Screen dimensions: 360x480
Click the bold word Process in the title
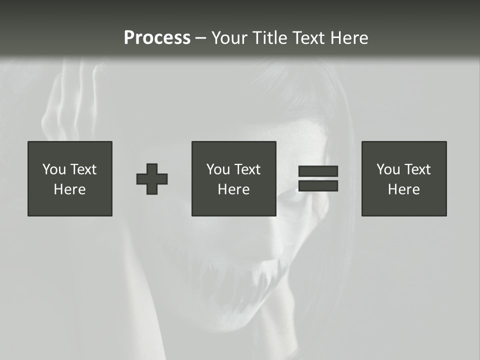157,38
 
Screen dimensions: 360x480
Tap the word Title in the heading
270,38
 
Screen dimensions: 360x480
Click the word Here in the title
350,38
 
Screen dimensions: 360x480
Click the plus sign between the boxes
152,179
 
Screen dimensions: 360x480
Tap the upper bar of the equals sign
318,171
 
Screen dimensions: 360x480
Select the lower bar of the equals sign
318,186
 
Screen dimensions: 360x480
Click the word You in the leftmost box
54,169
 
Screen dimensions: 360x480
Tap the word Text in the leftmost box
83,169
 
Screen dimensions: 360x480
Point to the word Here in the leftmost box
70,189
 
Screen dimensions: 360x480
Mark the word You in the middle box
218,169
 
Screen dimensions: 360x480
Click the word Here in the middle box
234,189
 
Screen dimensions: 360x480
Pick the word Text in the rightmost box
417,169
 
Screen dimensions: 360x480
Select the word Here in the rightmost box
404,189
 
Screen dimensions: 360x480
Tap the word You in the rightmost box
388,169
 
